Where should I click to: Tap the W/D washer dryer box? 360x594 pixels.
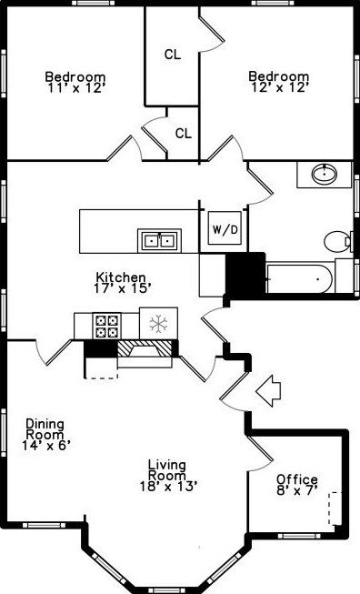(x=225, y=229)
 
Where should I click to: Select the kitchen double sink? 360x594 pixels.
(x=159, y=240)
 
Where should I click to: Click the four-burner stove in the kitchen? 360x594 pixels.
(x=108, y=324)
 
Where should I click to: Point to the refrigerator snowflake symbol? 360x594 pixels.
(x=159, y=324)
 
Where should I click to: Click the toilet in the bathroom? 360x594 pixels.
(x=337, y=242)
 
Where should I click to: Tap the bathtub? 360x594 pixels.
(x=299, y=277)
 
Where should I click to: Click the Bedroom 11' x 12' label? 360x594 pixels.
(x=75, y=82)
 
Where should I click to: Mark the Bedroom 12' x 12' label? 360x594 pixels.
(x=279, y=82)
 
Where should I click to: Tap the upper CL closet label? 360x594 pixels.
(x=173, y=55)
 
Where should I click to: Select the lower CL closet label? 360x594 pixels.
(x=183, y=134)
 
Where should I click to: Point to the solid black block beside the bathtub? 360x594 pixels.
(x=244, y=272)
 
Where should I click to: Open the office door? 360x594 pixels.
(x=260, y=448)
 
